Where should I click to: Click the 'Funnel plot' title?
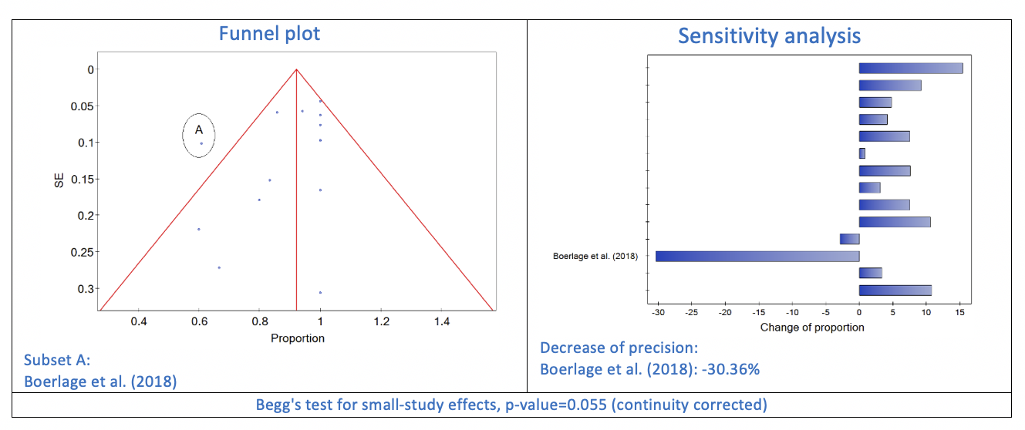point(269,33)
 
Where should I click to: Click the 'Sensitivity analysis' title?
point(769,35)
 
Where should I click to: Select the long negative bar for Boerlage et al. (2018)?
point(757,256)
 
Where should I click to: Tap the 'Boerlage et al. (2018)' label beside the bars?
point(595,256)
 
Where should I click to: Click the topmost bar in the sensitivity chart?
point(911,68)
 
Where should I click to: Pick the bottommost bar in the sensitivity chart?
point(895,290)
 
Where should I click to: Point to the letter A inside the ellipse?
point(198,130)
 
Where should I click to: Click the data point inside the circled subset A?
point(201,143)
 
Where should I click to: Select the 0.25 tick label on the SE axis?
point(82,253)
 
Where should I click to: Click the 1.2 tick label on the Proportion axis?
point(381,321)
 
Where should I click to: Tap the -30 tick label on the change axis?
point(658,312)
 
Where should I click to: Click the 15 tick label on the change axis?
point(959,312)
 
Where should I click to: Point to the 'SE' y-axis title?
point(59,180)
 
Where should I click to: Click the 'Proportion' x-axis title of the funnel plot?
point(298,338)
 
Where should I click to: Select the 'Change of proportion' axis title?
point(812,328)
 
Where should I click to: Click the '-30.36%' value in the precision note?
point(733,369)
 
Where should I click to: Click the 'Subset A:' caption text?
point(57,360)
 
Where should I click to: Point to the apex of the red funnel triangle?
point(296,69)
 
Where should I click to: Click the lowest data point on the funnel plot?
point(320,292)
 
